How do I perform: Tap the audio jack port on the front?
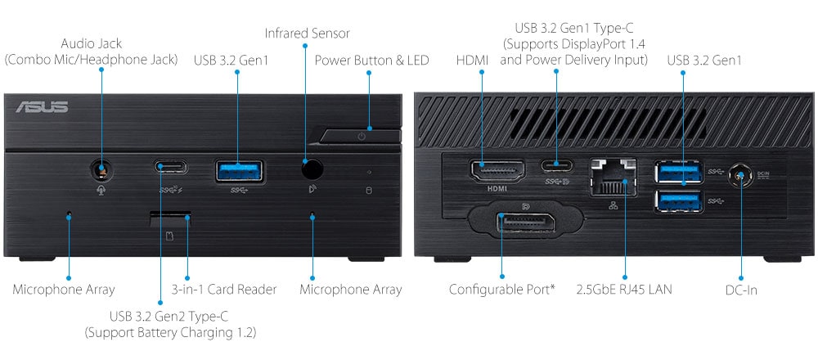(x=101, y=170)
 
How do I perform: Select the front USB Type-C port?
(x=171, y=168)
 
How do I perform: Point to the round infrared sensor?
(x=311, y=169)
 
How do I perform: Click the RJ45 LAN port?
(x=613, y=174)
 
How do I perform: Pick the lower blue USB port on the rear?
(x=678, y=200)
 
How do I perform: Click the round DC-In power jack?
(x=741, y=175)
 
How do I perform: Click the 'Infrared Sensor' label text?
(x=307, y=34)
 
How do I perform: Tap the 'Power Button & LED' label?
(x=371, y=60)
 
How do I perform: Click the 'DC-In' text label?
(x=741, y=289)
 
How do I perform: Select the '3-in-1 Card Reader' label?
(x=224, y=289)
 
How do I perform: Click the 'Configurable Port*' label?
(x=502, y=289)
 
